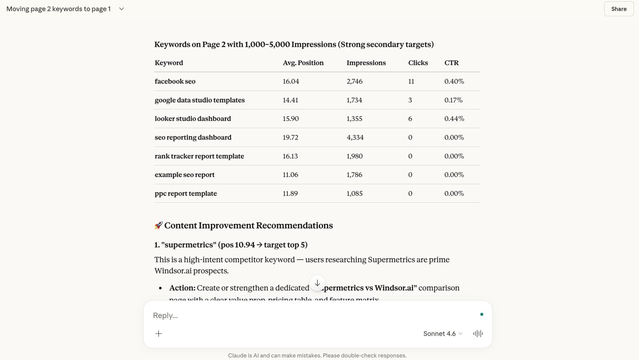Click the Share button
pyautogui.click(x=618, y=9)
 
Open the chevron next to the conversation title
pyautogui.click(x=121, y=9)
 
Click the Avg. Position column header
pyautogui.click(x=303, y=63)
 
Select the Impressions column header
pyautogui.click(x=366, y=63)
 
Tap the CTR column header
pyautogui.click(x=451, y=63)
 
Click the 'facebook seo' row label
pyautogui.click(x=175, y=81)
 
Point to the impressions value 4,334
pyautogui.click(x=355, y=138)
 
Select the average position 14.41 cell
pyautogui.click(x=290, y=100)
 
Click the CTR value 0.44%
pyautogui.click(x=454, y=119)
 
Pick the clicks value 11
pyautogui.click(x=411, y=81)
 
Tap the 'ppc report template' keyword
pyautogui.click(x=186, y=193)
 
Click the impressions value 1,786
pyautogui.click(x=354, y=175)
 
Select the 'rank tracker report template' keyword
pyautogui.click(x=199, y=156)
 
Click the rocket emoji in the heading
pyautogui.click(x=158, y=225)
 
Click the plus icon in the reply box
pyautogui.click(x=158, y=334)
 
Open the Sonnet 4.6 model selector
pyautogui.click(x=442, y=334)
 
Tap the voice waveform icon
pyautogui.click(x=478, y=334)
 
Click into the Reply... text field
pyautogui.click(x=290, y=315)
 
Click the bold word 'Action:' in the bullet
pyautogui.click(x=182, y=288)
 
